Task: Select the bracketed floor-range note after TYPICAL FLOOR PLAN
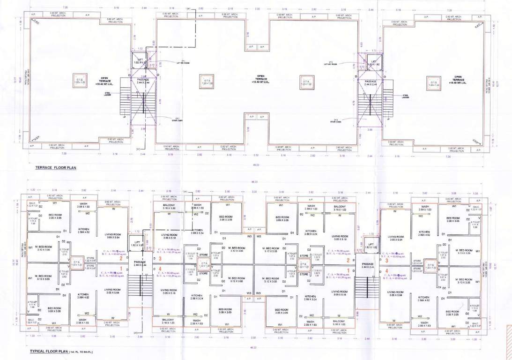(82, 352)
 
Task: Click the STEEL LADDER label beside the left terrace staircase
(107, 94)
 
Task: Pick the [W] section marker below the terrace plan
(139, 149)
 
